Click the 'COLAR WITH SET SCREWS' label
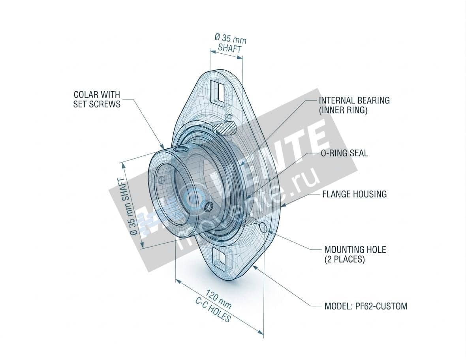click(x=97, y=99)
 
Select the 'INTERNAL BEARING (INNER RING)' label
click(x=354, y=105)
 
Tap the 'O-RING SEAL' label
click(x=344, y=153)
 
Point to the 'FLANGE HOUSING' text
click(x=354, y=194)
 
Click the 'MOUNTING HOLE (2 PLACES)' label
click(x=355, y=254)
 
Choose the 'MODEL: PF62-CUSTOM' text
click(x=365, y=306)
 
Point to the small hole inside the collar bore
click(x=160, y=180)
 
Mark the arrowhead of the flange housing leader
click(x=283, y=205)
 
